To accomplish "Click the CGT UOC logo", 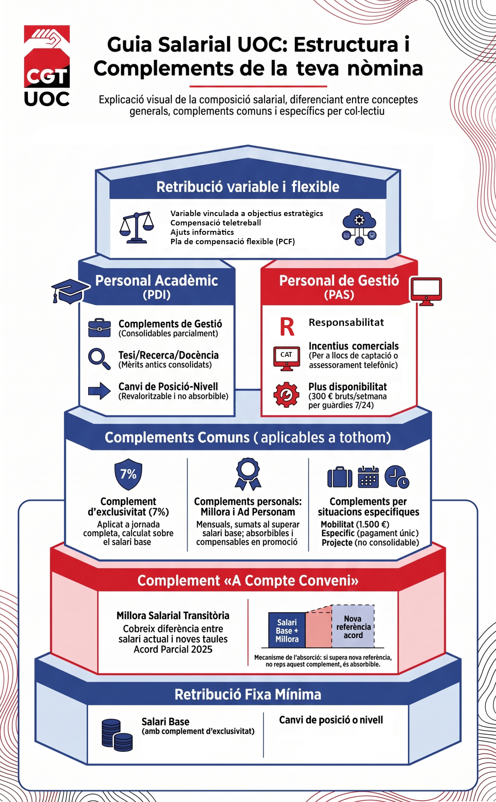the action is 47,65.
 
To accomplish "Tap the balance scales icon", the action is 137,227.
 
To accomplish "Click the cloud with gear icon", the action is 359,227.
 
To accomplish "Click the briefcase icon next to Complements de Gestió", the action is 99,328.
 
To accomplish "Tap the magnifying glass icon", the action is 99,359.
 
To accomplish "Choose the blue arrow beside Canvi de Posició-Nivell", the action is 99,391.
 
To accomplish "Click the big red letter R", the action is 287,327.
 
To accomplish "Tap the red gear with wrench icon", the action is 286,394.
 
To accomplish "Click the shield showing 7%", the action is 128,474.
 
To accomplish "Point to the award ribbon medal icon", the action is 248,474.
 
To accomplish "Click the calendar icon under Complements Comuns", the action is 368,477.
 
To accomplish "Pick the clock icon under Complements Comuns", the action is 397,477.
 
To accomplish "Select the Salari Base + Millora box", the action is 287,630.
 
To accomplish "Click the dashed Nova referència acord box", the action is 353,626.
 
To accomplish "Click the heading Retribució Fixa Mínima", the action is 248,694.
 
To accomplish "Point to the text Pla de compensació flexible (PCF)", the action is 233,242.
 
